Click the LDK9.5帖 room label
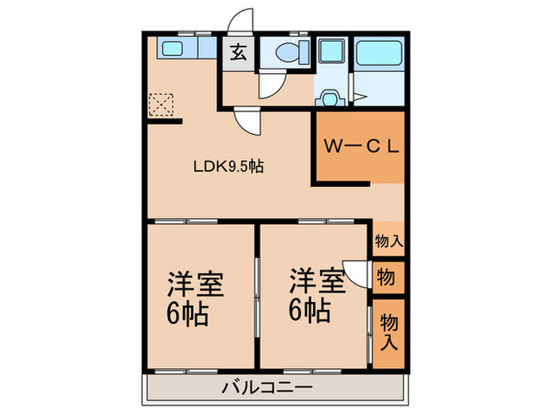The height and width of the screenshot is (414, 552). [229, 166]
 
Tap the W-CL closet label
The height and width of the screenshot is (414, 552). [360, 147]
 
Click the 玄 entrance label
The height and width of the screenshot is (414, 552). [236, 54]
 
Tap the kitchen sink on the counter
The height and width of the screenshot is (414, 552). [172, 48]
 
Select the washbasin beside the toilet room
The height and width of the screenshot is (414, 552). [329, 98]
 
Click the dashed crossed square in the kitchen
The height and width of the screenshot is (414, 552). [160, 104]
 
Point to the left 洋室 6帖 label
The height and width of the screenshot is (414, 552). [194, 300]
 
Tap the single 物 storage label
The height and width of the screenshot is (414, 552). [386, 278]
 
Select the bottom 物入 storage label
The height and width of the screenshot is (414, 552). [388, 331]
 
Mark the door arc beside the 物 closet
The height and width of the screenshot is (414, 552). [359, 273]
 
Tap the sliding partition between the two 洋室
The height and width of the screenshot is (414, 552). [257, 296]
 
